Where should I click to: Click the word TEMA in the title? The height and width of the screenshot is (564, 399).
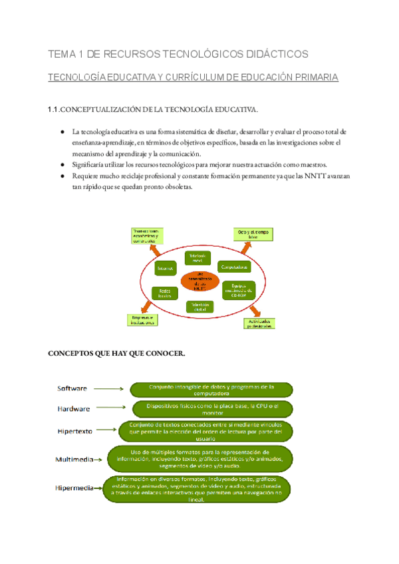tap(63, 54)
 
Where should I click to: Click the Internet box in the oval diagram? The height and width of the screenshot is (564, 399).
tap(164, 269)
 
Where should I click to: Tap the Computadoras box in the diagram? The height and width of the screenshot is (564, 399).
tap(235, 267)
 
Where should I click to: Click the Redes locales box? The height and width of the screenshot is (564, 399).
tap(164, 292)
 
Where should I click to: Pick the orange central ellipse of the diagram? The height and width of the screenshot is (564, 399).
tap(199, 282)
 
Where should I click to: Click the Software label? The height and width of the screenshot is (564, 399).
tap(73, 388)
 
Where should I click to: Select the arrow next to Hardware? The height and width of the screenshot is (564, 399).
tap(108, 408)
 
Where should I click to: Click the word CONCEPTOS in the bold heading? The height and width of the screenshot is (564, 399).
tap(68, 353)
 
